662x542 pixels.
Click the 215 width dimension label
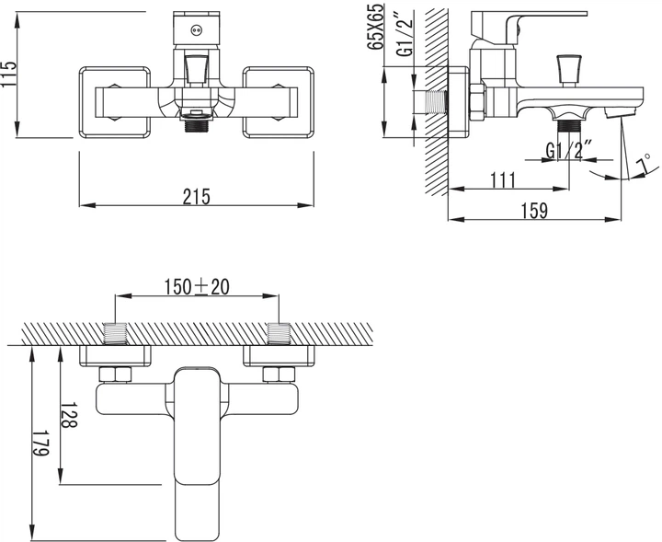point(197,196)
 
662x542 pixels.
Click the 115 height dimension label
point(8,75)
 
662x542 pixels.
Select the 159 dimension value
point(534,211)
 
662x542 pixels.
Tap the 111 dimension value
point(503,180)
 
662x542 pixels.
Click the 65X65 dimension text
point(376,26)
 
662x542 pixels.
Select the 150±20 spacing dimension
point(197,287)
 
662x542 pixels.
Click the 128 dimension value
point(69,414)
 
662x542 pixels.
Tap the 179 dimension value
point(41,444)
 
